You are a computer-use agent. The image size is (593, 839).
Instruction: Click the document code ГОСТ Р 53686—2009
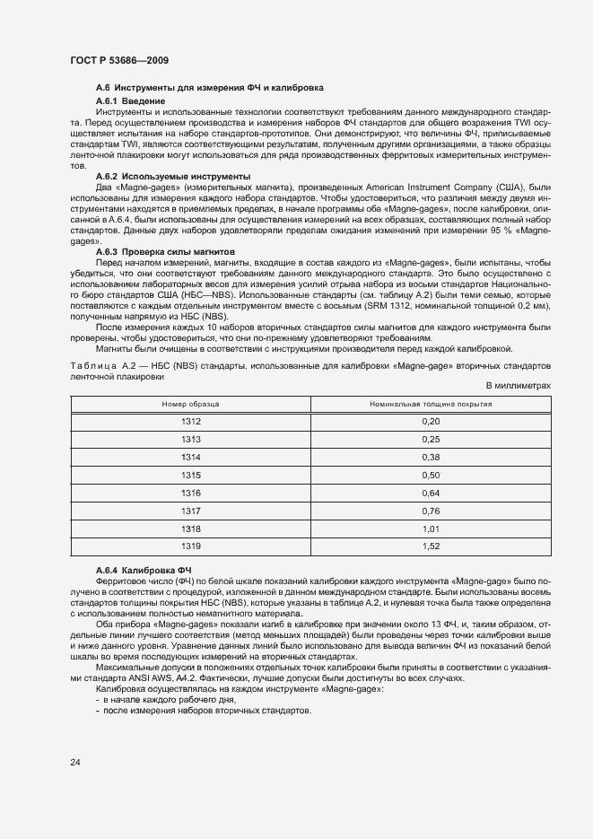click(x=118, y=60)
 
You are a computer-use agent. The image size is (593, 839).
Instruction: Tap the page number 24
click(x=74, y=762)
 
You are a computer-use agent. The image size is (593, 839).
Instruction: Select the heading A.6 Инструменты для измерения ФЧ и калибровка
click(x=209, y=87)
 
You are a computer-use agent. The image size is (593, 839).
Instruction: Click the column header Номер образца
click(x=190, y=405)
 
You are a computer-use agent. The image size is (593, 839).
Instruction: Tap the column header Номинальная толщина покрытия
click(x=431, y=405)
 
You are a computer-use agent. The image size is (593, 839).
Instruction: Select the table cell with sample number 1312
click(x=190, y=422)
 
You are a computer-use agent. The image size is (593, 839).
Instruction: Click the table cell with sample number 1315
click(x=190, y=475)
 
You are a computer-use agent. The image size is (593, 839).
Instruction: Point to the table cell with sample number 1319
click(x=190, y=546)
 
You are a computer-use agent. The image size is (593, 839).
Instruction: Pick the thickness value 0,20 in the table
click(x=431, y=422)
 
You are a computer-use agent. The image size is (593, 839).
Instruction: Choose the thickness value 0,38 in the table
click(x=431, y=457)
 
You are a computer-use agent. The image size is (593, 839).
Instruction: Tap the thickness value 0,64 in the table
click(x=431, y=493)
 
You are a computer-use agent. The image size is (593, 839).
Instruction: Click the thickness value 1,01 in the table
click(x=431, y=529)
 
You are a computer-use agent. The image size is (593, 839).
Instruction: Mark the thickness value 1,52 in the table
click(x=431, y=546)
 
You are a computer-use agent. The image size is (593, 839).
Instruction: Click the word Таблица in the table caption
click(x=93, y=367)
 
